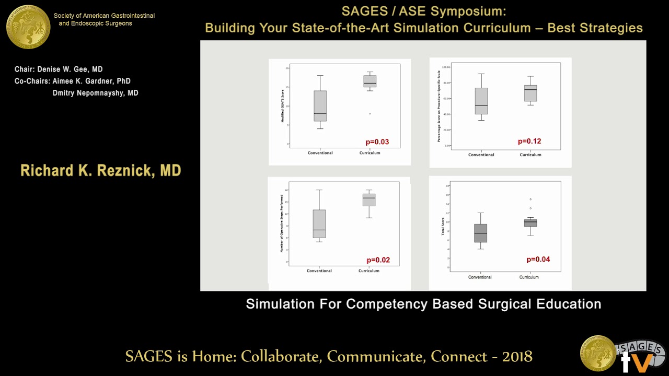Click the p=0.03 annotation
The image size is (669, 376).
pyautogui.click(x=377, y=142)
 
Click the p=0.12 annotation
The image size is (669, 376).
pyautogui.click(x=529, y=142)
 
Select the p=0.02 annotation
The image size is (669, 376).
pyautogui.click(x=378, y=260)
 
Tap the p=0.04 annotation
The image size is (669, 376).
pyautogui.click(x=538, y=260)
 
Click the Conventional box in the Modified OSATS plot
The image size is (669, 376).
pyautogui.click(x=320, y=105)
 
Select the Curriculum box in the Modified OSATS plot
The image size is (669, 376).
pyautogui.click(x=370, y=81)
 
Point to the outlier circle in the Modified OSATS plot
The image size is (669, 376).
pyautogui.click(x=370, y=113)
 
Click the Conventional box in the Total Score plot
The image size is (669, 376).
pyautogui.click(x=480, y=233)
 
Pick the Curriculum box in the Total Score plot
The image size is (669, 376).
pyautogui.click(x=530, y=223)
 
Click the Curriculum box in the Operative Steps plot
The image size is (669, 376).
pyautogui.click(x=369, y=199)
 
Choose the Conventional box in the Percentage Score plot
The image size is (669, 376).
pyautogui.click(x=481, y=101)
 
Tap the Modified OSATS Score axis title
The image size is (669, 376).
pyautogui.click(x=283, y=106)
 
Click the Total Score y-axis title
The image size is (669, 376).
pyautogui.click(x=443, y=226)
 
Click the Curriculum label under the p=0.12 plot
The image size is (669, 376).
pyautogui.click(x=530, y=155)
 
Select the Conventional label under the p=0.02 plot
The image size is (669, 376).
pyautogui.click(x=319, y=271)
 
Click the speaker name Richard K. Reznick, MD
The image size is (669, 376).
pyautogui.click(x=100, y=171)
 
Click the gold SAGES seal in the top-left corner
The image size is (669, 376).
pyautogui.click(x=28, y=27)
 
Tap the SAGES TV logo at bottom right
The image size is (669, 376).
pyautogui.click(x=621, y=354)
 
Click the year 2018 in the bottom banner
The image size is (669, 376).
pyautogui.click(x=517, y=357)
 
